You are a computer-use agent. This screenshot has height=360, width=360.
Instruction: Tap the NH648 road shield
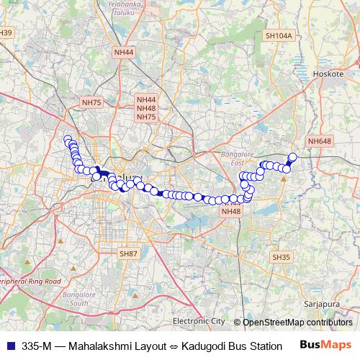click(x=319, y=141)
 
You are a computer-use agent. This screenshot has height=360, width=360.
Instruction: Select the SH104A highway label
click(x=278, y=35)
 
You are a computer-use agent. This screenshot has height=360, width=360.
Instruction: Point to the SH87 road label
click(x=128, y=253)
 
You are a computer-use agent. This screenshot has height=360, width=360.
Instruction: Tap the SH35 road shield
click(x=280, y=257)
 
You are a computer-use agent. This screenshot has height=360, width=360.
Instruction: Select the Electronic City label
click(x=199, y=321)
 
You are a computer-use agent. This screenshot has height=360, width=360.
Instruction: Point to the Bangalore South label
click(x=78, y=300)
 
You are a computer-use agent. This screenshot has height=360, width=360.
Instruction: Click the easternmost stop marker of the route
click(x=293, y=157)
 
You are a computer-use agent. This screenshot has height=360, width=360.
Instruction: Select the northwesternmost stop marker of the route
click(x=68, y=140)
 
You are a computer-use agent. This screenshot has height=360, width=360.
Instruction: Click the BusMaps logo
click(x=325, y=344)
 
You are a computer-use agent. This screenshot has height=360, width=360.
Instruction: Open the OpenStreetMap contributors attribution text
click(x=297, y=322)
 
